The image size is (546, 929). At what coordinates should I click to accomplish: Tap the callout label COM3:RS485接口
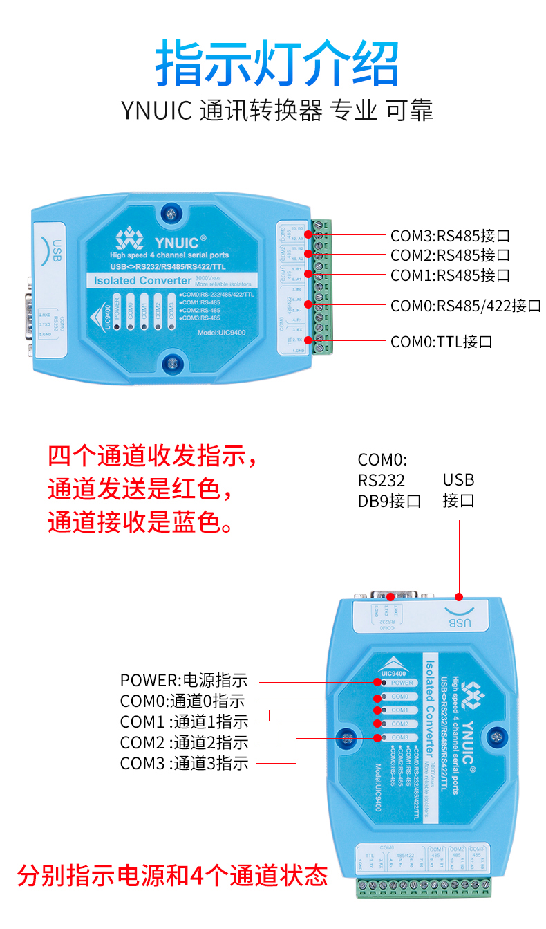coord(450,235)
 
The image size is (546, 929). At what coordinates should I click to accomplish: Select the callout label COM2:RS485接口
coord(450,255)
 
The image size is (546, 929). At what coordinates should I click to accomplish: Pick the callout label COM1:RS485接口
coord(450,275)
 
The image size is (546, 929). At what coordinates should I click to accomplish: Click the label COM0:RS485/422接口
coord(465,306)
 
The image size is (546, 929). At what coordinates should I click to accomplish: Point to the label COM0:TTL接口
coord(441,341)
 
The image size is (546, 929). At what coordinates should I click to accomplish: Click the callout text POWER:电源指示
coord(183,681)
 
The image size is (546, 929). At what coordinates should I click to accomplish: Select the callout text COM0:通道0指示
coord(182,701)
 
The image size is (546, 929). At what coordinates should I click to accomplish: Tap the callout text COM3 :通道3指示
coord(184,764)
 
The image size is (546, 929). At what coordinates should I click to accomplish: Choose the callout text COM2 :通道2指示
coord(184,743)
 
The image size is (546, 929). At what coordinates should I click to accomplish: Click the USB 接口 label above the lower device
coord(458,490)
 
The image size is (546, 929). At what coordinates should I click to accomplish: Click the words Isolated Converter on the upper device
coord(142,280)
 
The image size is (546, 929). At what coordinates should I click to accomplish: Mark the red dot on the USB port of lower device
coord(458,596)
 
